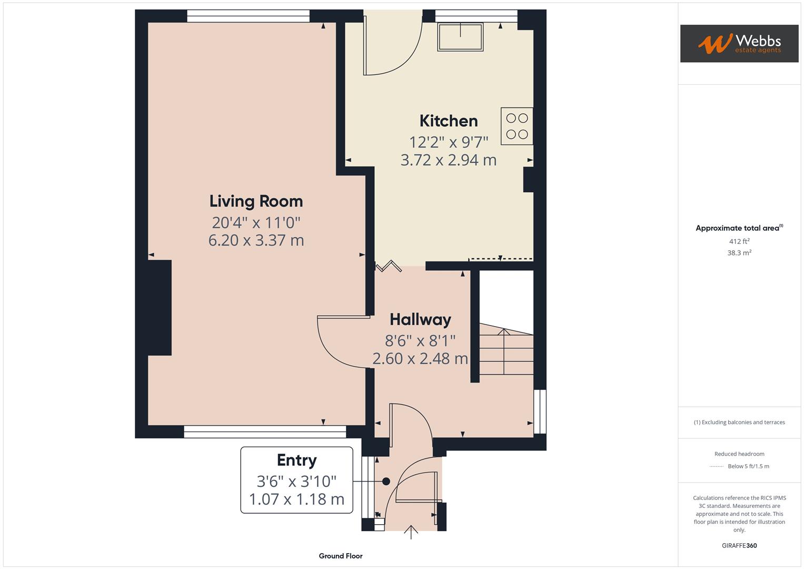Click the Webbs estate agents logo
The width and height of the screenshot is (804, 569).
[x=739, y=43]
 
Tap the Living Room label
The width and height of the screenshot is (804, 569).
[x=256, y=201]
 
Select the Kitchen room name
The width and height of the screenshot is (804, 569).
[x=449, y=121]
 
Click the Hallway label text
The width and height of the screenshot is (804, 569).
[x=420, y=320]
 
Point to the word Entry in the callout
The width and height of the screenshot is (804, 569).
[x=296, y=460]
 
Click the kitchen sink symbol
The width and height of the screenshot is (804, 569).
[x=460, y=37]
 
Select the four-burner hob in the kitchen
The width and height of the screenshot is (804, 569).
[x=517, y=126]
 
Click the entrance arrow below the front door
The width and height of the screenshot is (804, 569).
[x=411, y=532]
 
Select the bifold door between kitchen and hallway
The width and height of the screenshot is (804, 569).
[x=389, y=266]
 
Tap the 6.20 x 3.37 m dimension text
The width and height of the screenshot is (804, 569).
[x=256, y=240]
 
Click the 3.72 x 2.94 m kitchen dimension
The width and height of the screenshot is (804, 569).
[x=449, y=160]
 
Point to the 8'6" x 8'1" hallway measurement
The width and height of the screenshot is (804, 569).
[x=420, y=341]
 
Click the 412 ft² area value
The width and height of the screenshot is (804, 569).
[x=739, y=241]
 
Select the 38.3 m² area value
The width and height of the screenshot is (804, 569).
[x=739, y=253]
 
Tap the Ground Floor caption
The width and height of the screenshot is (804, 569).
[x=341, y=556]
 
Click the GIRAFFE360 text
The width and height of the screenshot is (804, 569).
[x=739, y=546]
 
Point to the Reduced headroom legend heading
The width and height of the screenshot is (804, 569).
[x=739, y=454]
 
